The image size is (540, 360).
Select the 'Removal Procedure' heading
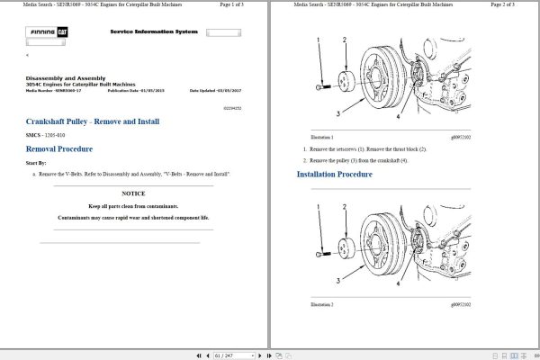coord(59,148)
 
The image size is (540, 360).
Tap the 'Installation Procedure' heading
coord(334,174)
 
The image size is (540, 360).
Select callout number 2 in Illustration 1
coord(344,40)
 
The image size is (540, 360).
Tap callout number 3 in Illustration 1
coord(337,114)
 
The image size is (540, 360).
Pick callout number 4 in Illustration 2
coord(398,283)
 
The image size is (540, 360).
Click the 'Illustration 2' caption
coord(321,306)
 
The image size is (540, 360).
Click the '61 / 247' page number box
coord(224,355)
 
